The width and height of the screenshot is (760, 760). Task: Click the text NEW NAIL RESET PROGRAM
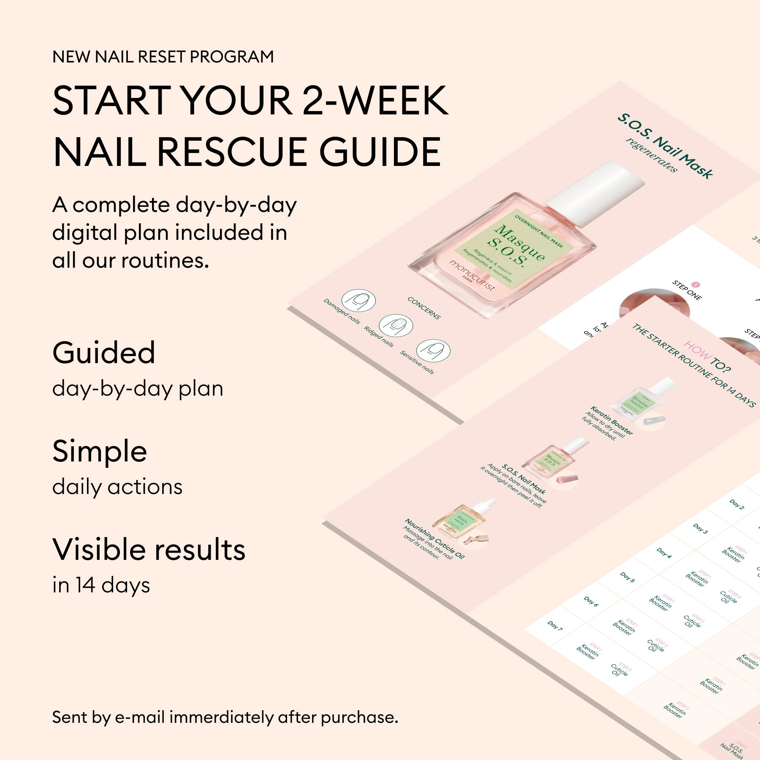[163, 57]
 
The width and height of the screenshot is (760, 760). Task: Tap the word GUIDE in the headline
[380, 152]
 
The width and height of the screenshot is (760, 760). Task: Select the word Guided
[104, 353]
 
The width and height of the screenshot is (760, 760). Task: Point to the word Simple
[100, 451]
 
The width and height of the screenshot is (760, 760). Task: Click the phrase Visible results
[149, 550]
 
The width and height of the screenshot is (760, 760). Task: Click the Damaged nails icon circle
[358, 301]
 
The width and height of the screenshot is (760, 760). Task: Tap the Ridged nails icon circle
[396, 326]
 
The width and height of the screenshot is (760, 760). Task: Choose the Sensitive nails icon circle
[433, 350]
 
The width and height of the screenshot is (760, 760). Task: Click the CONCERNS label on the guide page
[424, 307]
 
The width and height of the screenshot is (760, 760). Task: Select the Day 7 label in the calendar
[555, 625]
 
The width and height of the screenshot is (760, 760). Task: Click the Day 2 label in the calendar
[737, 504]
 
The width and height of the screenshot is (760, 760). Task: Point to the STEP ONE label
[687, 291]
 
